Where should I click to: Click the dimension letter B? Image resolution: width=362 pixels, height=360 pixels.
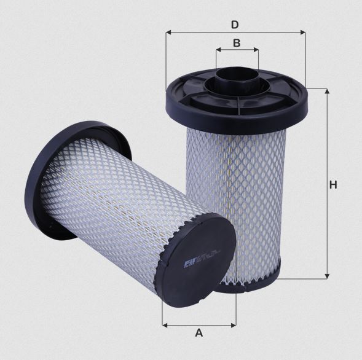[237, 43]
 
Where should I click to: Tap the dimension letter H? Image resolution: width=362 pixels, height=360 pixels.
[332, 184]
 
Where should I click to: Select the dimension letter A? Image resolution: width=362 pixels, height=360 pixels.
[199, 332]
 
